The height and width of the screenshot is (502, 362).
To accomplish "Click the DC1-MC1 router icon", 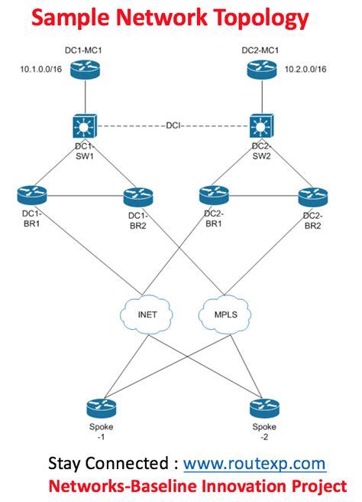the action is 85,70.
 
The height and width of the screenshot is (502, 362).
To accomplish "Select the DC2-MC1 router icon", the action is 262,70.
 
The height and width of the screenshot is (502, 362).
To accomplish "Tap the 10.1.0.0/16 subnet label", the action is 41,69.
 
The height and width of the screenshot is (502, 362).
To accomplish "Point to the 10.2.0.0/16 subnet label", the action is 305,69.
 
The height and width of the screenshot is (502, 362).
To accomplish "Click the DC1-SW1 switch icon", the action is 85,126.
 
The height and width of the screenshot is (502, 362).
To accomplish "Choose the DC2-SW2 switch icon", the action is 262,126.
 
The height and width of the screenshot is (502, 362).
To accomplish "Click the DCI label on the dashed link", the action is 173,125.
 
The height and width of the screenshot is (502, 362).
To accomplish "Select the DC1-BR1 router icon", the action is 32,195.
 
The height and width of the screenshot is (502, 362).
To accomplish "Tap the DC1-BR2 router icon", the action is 138,197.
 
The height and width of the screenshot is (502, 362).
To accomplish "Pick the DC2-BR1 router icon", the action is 214,195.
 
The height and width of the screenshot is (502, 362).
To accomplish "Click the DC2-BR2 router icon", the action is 313,197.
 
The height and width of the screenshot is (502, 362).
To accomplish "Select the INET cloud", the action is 147,314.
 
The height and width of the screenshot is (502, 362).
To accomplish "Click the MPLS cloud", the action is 225,314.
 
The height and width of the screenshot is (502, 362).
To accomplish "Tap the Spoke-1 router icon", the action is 102,408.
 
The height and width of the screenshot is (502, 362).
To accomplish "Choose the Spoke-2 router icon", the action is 264,408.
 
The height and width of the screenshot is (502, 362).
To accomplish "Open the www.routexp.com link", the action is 254,464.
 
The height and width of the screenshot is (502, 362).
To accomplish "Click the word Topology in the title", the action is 261,18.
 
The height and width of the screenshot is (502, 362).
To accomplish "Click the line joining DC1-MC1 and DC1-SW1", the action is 85,96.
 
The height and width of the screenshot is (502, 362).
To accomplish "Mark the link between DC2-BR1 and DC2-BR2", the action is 263,196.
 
